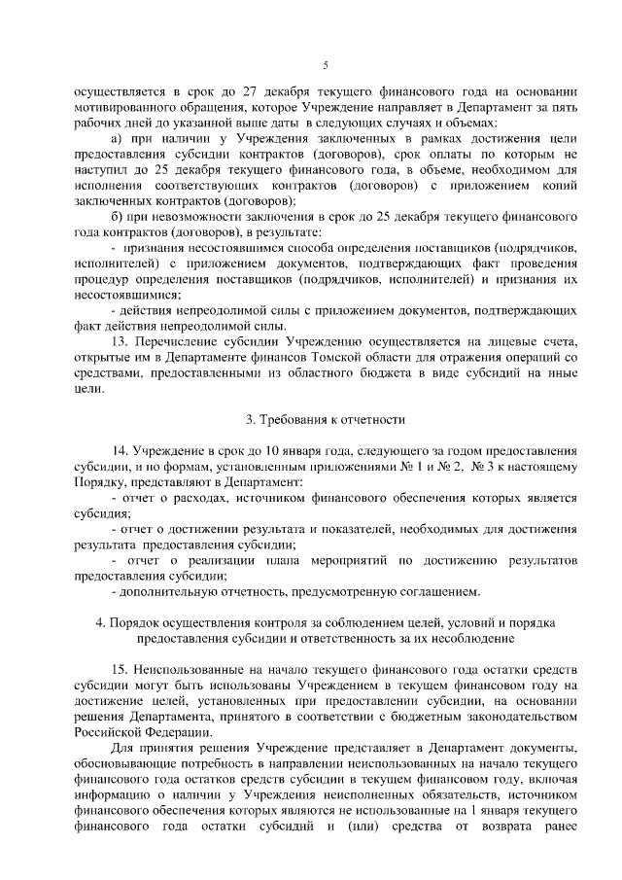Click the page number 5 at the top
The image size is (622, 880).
[x=326, y=65]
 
